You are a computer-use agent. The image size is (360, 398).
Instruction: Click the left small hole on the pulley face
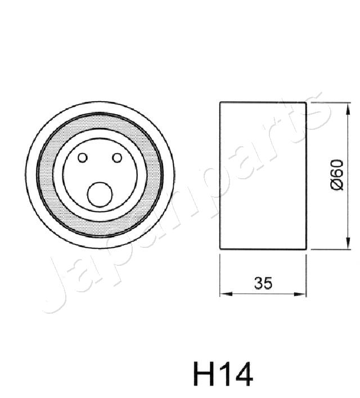tap(83, 158)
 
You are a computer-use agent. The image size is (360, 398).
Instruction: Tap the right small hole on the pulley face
tap(117, 158)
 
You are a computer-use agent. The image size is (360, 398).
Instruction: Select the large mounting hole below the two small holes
tap(100, 195)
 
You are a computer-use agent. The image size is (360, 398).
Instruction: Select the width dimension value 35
tap(263, 284)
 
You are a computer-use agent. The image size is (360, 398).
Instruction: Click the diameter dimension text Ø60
tap(336, 175)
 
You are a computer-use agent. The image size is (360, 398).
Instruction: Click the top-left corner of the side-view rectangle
tap(220, 102)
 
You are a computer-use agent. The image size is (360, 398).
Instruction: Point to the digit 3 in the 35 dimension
tap(258, 284)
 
